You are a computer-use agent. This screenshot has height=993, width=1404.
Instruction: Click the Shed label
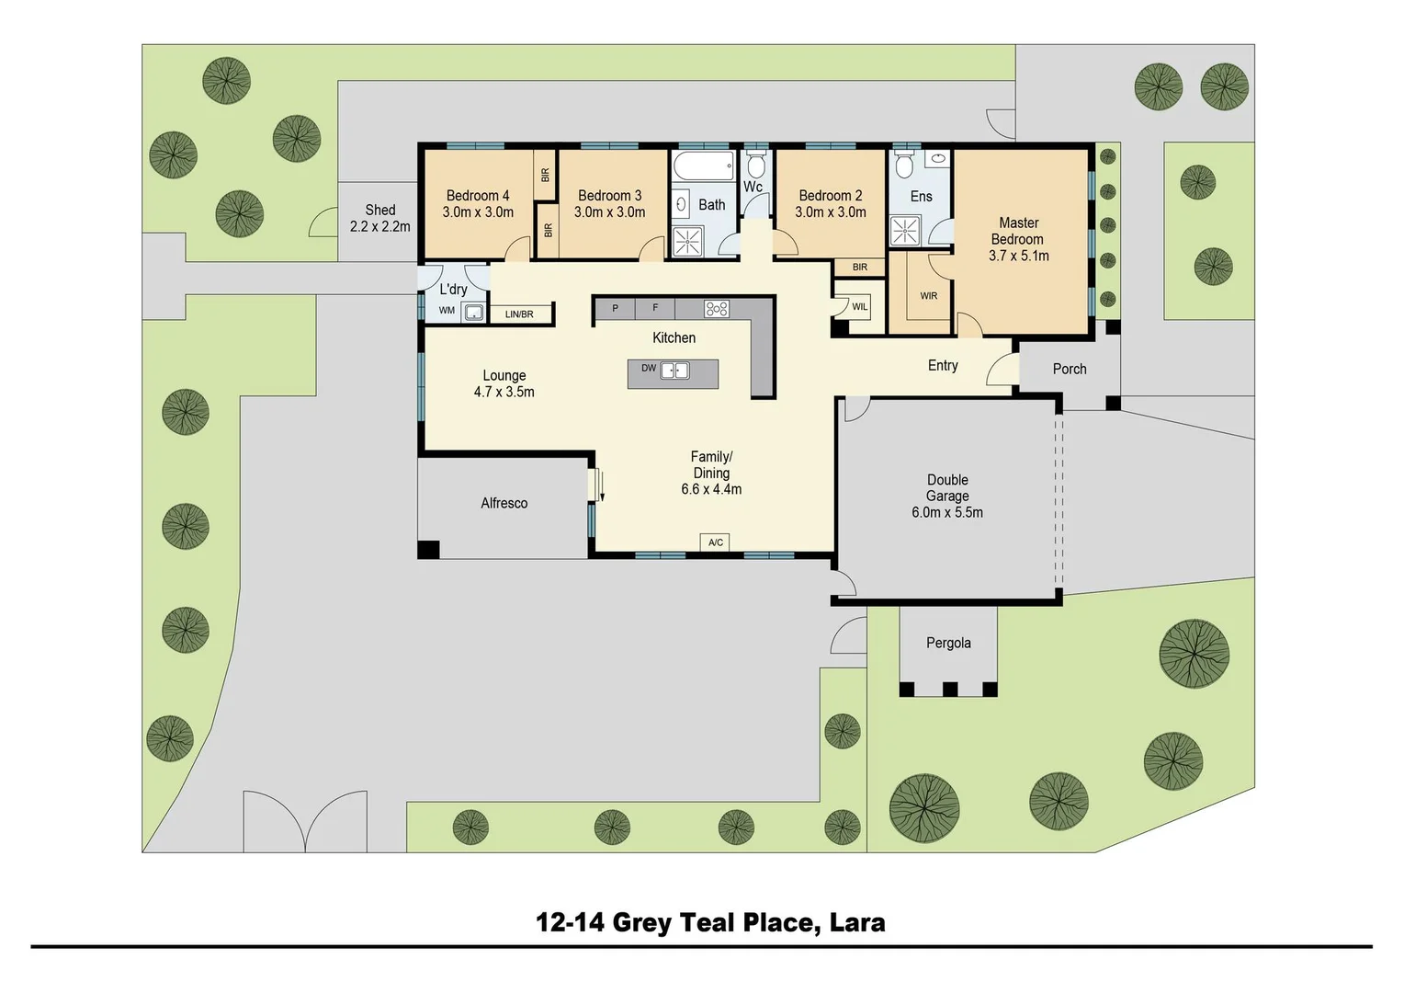coord(379,211)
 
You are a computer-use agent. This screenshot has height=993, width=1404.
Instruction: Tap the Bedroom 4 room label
coord(477,196)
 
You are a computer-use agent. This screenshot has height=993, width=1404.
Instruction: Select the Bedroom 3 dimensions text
coord(609,212)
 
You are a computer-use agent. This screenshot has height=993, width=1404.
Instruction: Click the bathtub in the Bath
coord(703,167)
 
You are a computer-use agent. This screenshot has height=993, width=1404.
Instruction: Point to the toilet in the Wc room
coord(755,166)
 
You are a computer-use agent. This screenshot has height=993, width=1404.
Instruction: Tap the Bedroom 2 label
coord(830,196)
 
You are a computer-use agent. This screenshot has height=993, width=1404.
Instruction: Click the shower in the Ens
coord(905,231)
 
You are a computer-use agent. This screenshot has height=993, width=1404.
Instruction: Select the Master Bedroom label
coord(1018,231)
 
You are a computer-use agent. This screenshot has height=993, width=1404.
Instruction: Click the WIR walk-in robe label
coord(928,296)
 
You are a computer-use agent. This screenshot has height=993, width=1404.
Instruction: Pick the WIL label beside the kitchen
coord(859,307)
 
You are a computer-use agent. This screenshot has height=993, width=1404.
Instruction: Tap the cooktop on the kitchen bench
coord(717,309)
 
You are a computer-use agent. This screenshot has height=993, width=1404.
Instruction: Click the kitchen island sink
coord(675,371)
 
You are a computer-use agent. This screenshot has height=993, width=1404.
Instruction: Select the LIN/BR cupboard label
coord(519,314)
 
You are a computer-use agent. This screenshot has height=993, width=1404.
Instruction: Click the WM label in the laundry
coord(447,311)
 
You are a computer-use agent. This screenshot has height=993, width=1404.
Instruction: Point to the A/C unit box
coord(716,542)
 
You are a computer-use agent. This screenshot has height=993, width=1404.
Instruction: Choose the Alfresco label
coord(504,503)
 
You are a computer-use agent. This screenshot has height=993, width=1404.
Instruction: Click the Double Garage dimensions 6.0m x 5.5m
coord(946,513)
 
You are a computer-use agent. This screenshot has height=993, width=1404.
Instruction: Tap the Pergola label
coord(948,643)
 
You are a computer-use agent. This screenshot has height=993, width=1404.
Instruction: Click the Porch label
coord(1069,369)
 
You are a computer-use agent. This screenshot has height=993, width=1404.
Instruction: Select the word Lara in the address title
coord(857,922)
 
